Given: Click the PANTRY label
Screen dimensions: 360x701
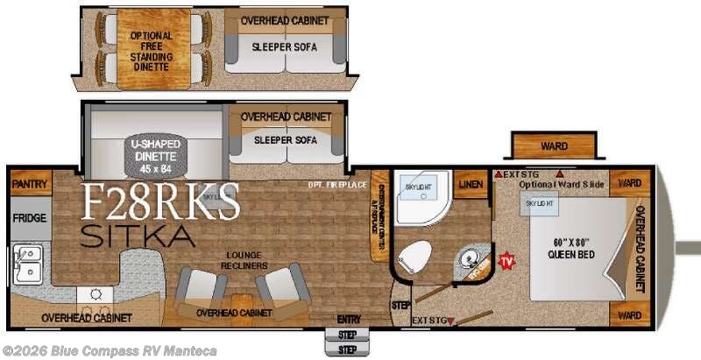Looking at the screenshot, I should pyautogui.click(x=31, y=185).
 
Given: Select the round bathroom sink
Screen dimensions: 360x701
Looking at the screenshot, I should pyautogui.click(x=473, y=260).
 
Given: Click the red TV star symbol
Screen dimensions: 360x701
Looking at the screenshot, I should pyautogui.click(x=506, y=261).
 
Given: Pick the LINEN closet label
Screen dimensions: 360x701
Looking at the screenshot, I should pyautogui.click(x=471, y=185).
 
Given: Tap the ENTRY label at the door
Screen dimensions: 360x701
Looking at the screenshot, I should pyautogui.click(x=348, y=319).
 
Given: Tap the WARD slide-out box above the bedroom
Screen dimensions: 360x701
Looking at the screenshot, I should pyautogui.click(x=553, y=146).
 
